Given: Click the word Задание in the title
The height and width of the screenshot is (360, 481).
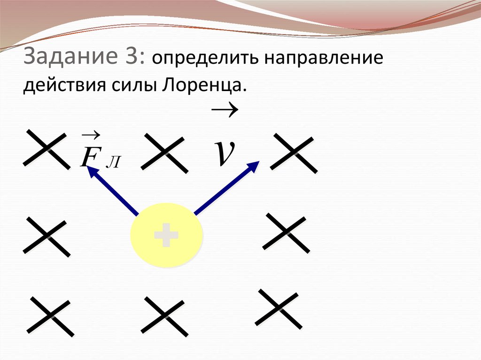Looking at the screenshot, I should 70,58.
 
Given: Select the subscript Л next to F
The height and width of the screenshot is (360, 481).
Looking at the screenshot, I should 115,162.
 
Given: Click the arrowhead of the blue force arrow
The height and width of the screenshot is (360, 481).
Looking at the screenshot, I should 91,169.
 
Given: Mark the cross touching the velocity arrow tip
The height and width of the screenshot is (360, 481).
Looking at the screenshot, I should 293,153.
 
